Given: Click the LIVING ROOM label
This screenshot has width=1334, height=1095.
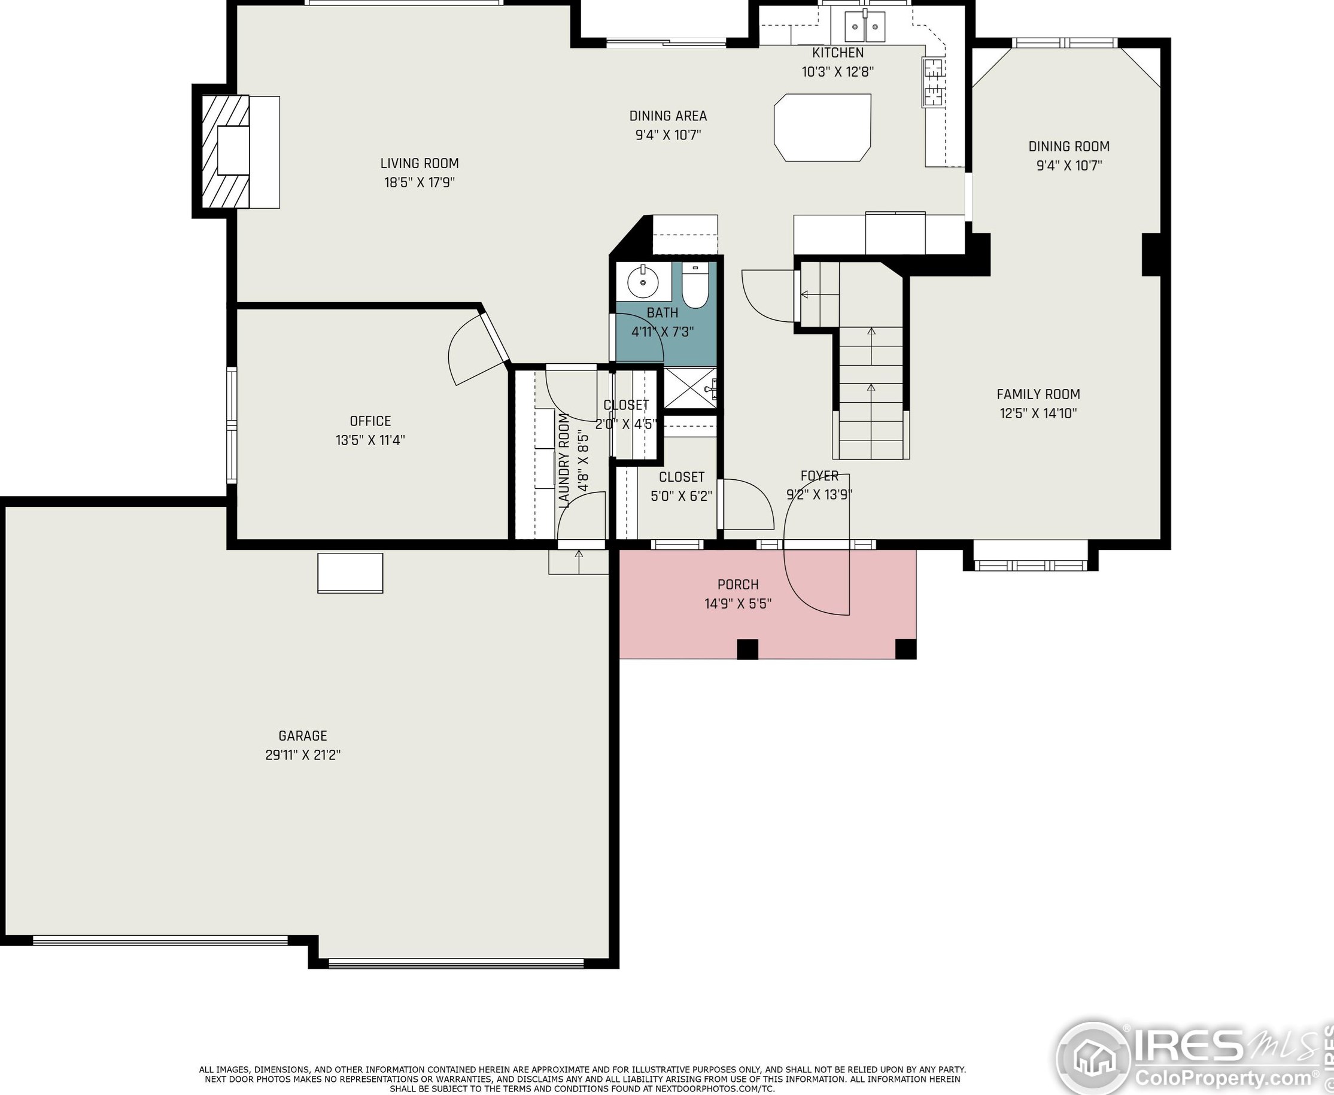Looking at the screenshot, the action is [420, 163].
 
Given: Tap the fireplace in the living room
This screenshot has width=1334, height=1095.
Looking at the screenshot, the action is [226, 151].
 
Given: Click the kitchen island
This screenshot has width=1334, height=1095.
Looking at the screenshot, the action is [822, 127].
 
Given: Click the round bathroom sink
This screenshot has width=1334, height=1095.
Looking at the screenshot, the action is [643, 282].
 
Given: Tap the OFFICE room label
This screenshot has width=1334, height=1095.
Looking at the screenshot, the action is [370, 421].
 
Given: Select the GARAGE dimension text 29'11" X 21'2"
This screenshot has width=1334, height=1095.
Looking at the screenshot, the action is [303, 755].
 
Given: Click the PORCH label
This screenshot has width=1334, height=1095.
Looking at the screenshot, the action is [738, 585].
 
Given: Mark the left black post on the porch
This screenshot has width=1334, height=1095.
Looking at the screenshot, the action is [747, 649].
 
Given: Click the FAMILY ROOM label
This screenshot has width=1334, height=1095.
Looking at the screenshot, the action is [1038, 394].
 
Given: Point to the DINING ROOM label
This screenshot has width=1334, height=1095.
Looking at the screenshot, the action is [1069, 147].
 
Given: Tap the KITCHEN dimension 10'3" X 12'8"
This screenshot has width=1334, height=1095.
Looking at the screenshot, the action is [838, 72].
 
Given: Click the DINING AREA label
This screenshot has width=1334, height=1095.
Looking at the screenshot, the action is [668, 116].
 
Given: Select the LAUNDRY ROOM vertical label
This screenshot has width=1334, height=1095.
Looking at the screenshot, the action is [564, 461].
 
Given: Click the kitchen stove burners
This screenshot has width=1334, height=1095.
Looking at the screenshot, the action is [933, 82].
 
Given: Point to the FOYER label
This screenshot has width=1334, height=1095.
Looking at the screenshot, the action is [819, 476].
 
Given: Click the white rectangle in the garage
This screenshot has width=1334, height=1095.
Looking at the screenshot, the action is [350, 573].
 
